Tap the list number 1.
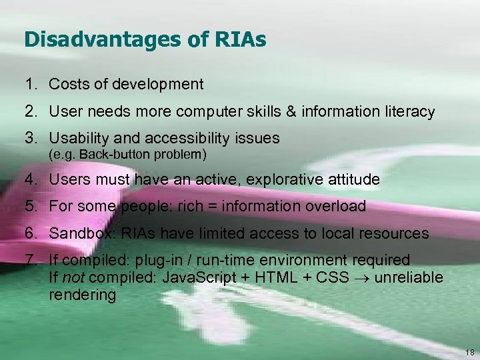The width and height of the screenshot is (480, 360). coord(30,84)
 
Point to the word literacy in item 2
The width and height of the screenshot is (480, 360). coord(408,111)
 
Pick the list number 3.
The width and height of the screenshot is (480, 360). coord(30,138)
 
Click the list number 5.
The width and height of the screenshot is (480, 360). coord(30,206)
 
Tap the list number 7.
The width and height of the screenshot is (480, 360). coord(30,260)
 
